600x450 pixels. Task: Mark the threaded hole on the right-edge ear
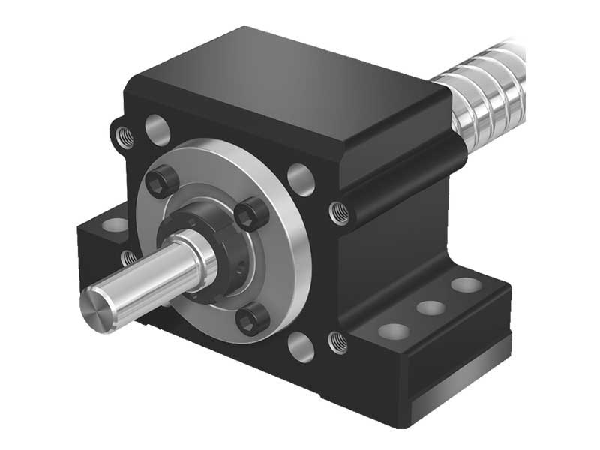pyautogui.click(x=339, y=212)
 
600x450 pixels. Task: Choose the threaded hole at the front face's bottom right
pyautogui.click(x=337, y=342)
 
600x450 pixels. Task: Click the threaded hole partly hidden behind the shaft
pyautogui.click(x=129, y=259)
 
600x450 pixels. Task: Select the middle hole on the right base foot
pyautogui.click(x=430, y=307)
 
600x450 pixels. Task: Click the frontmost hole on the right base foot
pyautogui.click(x=391, y=330)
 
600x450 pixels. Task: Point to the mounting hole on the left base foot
pyautogui.click(x=113, y=224)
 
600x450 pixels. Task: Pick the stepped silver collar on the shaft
pyautogui.click(x=202, y=259)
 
